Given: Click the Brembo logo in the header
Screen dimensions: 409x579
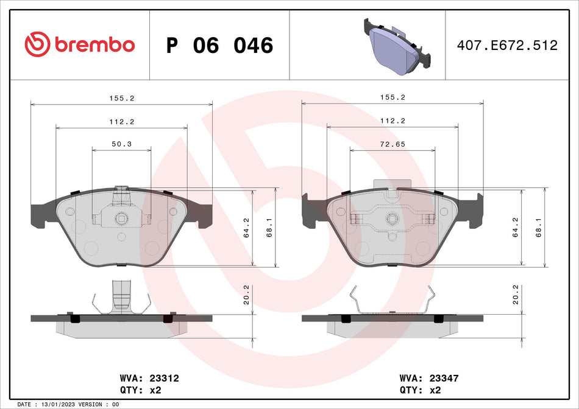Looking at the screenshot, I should [79, 44].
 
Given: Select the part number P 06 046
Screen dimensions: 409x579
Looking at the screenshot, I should [219, 45].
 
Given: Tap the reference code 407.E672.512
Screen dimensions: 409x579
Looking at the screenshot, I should [507, 45].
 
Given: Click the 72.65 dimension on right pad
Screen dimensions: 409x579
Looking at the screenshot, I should [393, 145].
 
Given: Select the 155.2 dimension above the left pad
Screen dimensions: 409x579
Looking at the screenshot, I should [122, 97].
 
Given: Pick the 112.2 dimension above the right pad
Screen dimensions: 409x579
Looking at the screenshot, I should [393, 121].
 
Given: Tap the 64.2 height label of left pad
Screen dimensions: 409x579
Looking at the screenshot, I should [247, 227].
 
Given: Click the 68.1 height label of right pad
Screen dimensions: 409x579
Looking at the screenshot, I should [538, 227].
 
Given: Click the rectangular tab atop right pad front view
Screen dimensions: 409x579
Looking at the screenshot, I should [392, 184].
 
